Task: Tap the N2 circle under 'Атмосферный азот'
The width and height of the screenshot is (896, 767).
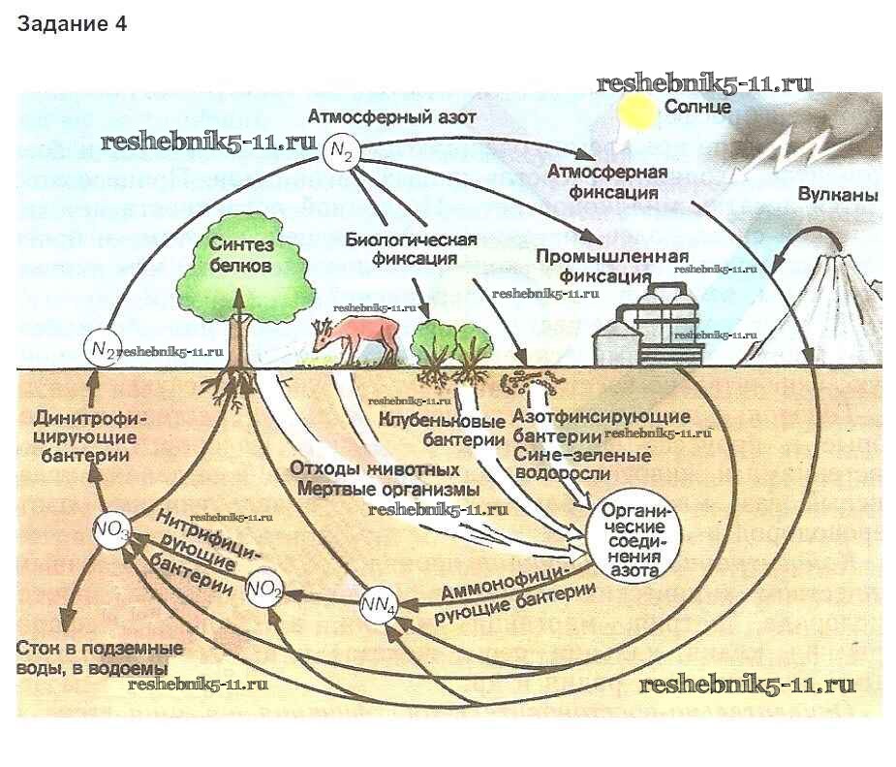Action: pyautogui.click(x=341, y=152)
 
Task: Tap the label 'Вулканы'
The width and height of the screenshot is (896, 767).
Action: pyautogui.click(x=838, y=195)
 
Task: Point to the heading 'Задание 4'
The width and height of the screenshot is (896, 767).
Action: pyautogui.click(x=72, y=24)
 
